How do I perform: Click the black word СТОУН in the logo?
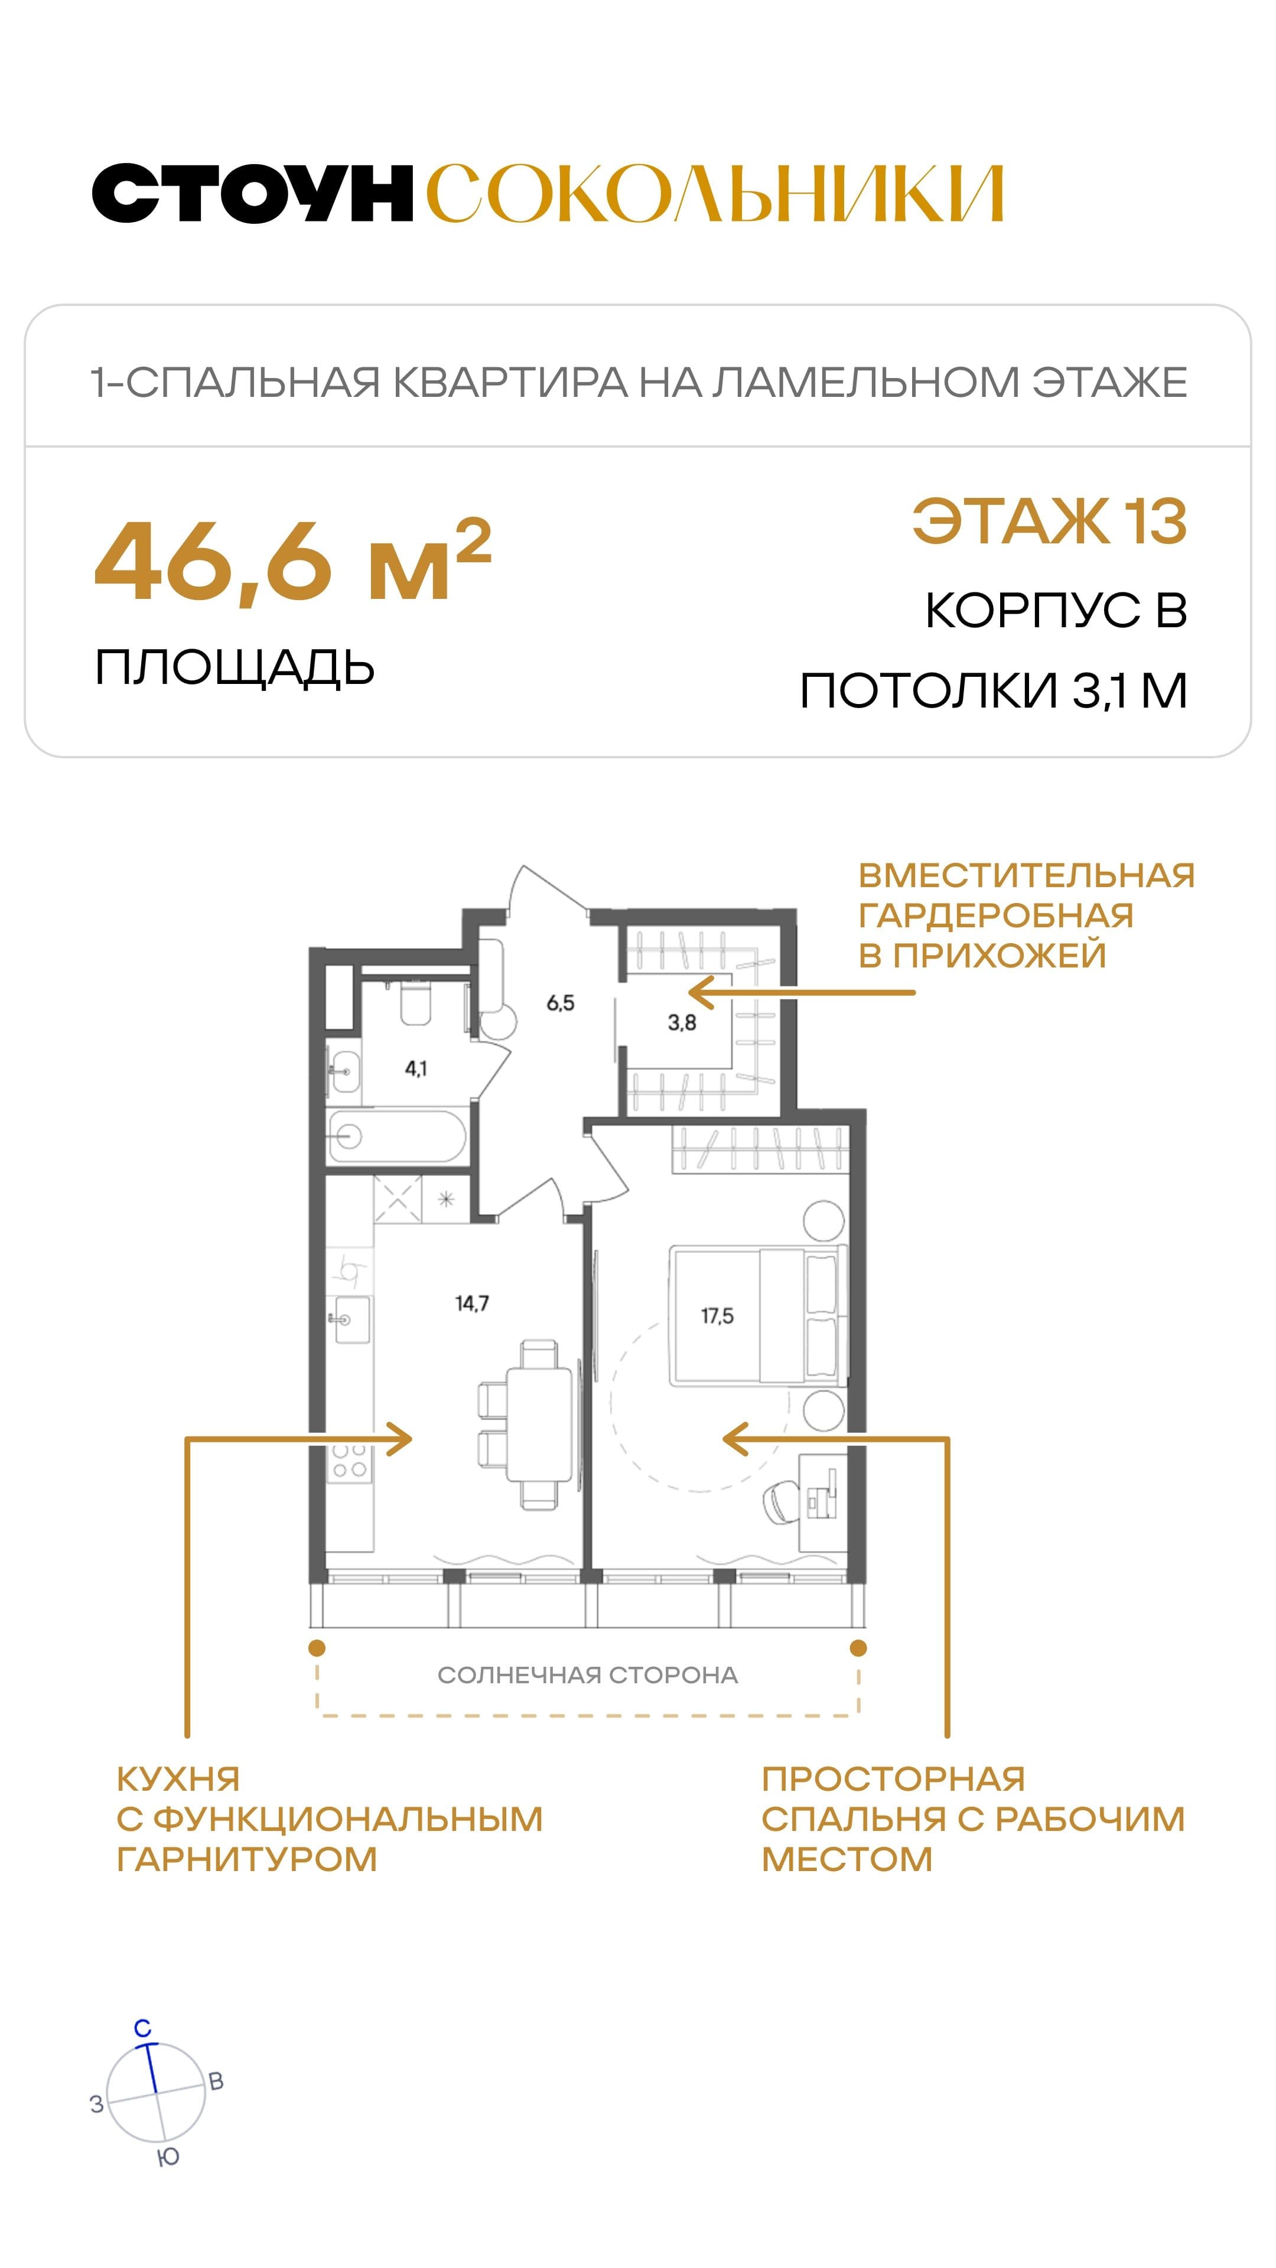coord(253,192)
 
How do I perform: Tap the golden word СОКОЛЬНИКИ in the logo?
coord(715,192)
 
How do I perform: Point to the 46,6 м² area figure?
coord(292,560)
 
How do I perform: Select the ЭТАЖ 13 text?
coord(1050,521)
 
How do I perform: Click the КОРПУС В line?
coord(1056,610)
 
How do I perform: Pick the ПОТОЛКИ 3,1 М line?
coord(993,690)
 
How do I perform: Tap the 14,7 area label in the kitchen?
coord(472,1303)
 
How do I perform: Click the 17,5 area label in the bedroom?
coord(717,1317)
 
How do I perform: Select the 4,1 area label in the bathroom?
coord(416,1069)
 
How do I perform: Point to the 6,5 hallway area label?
coord(560,1003)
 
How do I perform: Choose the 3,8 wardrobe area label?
coord(682,1022)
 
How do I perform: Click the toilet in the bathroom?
coord(416,1003)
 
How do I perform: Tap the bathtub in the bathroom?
coord(396,1136)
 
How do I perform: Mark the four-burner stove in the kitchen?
coord(349,1462)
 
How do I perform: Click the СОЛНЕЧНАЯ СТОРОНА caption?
coord(587,1674)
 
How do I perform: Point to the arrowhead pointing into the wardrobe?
coord(700,992)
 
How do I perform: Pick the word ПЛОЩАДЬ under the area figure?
coord(235,668)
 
